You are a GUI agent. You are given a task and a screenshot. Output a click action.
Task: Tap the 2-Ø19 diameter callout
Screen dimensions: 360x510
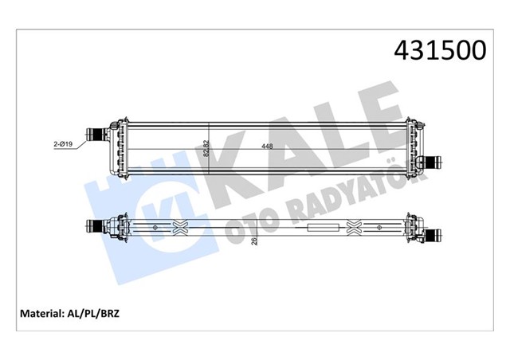(64, 144)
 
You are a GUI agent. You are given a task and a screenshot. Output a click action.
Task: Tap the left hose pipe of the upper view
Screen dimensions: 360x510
(97, 133)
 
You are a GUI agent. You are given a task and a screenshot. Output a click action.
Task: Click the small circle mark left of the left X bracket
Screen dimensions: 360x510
(150, 229)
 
